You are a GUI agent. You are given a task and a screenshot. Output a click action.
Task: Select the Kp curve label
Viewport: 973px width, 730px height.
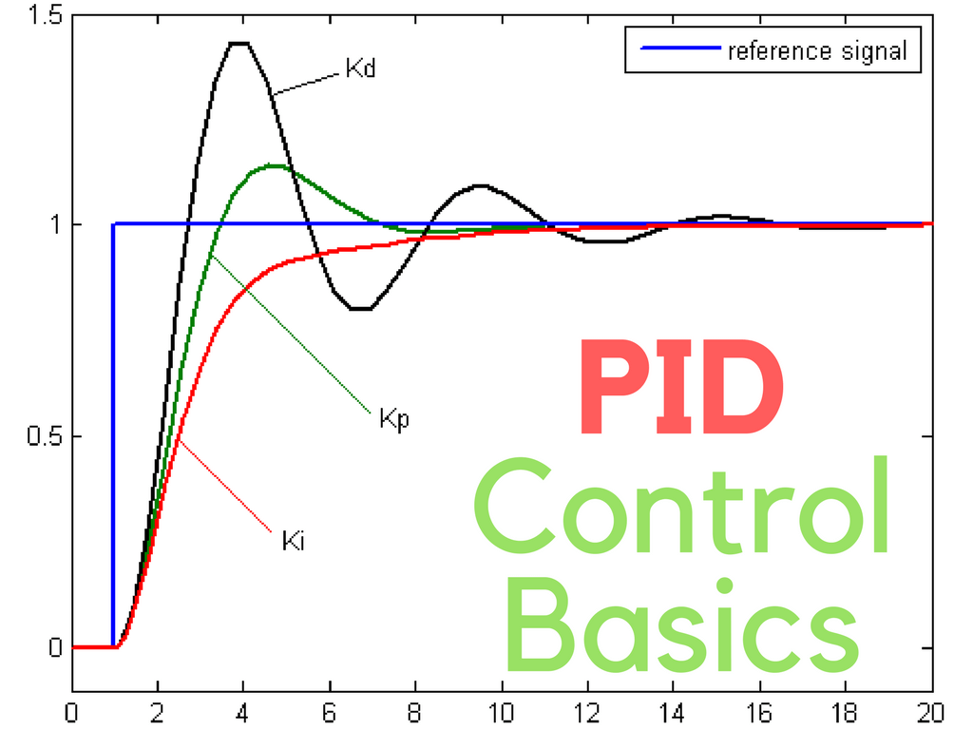click(x=393, y=419)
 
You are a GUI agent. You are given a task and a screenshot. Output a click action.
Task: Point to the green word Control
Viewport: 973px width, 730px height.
click(x=681, y=509)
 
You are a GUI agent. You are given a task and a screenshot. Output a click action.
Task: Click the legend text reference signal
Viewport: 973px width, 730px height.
click(x=817, y=51)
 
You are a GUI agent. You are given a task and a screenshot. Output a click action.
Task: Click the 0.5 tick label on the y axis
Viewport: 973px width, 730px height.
click(x=43, y=436)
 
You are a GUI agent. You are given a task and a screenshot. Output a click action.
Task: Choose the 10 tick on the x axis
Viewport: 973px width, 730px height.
click(x=502, y=712)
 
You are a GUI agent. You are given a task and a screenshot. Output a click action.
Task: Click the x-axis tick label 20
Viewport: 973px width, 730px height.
click(x=931, y=712)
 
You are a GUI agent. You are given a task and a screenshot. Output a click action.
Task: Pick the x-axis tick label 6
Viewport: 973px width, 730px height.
click(x=330, y=712)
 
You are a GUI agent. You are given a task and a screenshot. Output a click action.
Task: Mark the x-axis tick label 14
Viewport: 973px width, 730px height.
click(x=673, y=712)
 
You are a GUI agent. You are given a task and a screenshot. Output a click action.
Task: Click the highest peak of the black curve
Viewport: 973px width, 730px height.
click(x=238, y=43)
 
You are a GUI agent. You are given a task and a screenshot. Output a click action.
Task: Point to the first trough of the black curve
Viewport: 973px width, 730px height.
click(x=360, y=309)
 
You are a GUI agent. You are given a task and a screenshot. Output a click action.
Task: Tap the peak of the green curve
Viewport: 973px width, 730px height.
click(x=273, y=165)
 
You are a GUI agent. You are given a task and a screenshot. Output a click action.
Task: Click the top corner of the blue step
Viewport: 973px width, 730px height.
click(x=114, y=224)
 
